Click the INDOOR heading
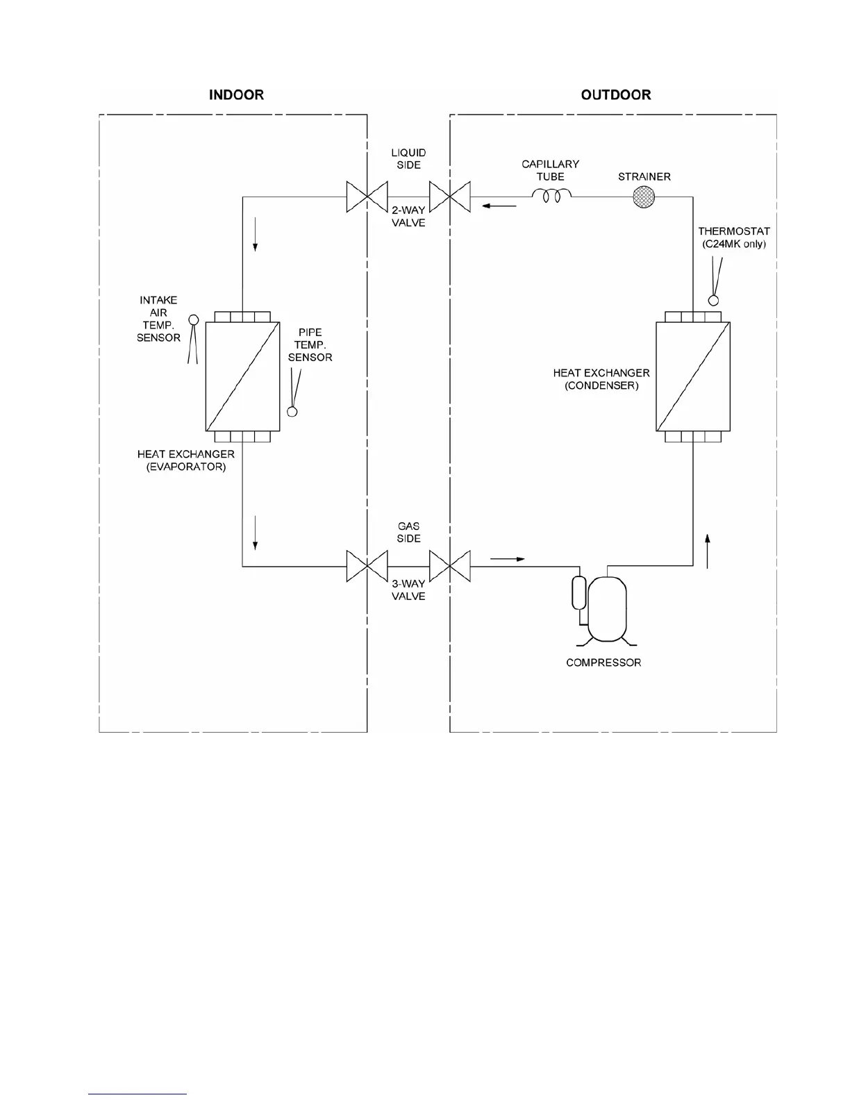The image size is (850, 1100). point(236,94)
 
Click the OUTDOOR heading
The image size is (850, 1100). point(616,94)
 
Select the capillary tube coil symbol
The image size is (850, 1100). point(551,197)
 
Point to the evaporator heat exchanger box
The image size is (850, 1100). point(242,376)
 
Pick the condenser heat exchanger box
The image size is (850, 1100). point(693,376)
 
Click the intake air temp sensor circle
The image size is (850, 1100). point(194,319)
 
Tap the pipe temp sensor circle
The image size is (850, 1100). point(292,412)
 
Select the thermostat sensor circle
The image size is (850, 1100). point(712,301)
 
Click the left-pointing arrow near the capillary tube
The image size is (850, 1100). point(500,206)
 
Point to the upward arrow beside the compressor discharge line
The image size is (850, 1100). point(707,551)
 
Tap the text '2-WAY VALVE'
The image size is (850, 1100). point(408,217)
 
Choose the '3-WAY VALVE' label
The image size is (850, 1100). point(408,590)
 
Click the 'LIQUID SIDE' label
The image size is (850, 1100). point(408,158)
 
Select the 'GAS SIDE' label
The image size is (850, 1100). point(408,532)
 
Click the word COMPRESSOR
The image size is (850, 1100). point(603,662)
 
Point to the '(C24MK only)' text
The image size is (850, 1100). point(734,244)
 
